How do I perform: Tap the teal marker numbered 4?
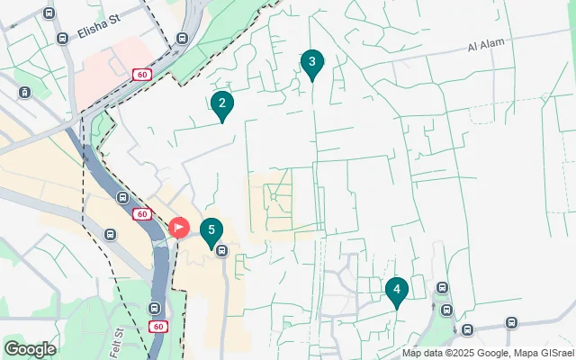396,291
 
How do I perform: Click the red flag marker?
179,228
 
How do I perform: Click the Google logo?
30,348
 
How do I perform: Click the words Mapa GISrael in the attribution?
544,352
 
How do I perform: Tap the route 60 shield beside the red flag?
142,214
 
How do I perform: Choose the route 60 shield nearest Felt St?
157,326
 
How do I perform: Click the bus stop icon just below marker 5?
221,250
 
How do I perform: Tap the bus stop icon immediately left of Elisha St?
62,39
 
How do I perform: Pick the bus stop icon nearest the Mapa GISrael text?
511,322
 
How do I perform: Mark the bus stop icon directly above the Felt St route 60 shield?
154,307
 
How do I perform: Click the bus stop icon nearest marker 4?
441,288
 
